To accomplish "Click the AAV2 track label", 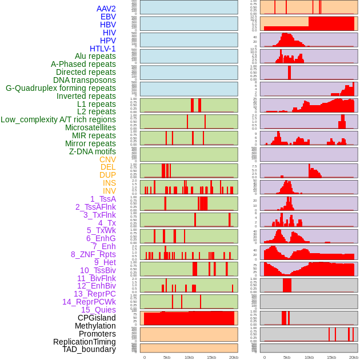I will click(106, 9).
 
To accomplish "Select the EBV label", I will click(107, 17).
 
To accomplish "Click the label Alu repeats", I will click(95, 57).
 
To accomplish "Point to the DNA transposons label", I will click(85, 81).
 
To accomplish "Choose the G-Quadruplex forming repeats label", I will click(61, 89).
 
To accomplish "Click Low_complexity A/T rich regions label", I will click(58, 120).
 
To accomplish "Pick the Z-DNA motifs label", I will click(92, 151).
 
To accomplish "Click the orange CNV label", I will click(107, 159).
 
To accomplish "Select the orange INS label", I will click(109, 183).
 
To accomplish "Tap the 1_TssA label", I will click(103, 199).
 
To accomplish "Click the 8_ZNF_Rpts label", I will click(93, 254).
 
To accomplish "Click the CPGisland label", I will click(97, 318).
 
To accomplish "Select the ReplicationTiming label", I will click(84, 342).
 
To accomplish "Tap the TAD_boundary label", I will click(89, 349).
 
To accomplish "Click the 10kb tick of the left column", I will click(189, 357).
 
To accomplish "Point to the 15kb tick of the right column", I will click(331, 357).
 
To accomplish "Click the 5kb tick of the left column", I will click(167, 357).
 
